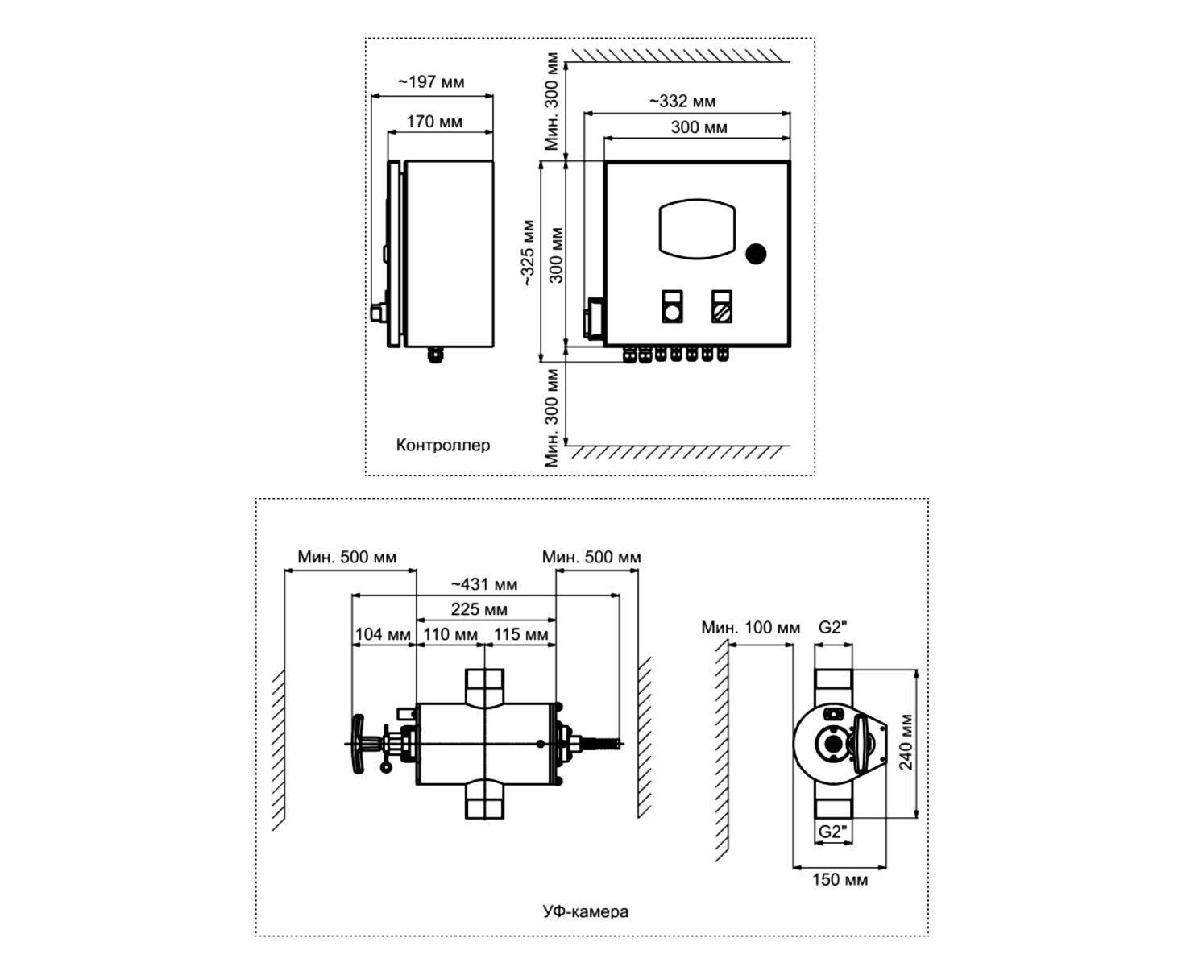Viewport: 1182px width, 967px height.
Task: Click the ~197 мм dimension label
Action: [x=431, y=82]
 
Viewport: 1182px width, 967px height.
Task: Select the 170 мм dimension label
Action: [x=434, y=122]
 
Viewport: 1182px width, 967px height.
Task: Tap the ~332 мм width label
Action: [x=682, y=102]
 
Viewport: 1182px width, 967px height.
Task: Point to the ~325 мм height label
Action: [x=527, y=253]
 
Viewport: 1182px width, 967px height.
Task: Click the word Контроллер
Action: [x=442, y=445]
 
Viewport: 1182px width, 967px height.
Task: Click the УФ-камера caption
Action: [x=586, y=912]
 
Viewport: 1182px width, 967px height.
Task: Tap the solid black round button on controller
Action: [x=755, y=254]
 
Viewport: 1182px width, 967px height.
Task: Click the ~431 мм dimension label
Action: [x=483, y=584]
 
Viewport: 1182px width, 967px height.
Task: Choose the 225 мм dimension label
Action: [x=479, y=609]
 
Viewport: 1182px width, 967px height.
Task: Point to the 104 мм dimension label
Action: [x=383, y=634]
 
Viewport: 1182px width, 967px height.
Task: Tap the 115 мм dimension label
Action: [x=520, y=634]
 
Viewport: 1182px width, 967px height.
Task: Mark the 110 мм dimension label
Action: [x=450, y=634]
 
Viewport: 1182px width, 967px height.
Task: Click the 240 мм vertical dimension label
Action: [x=907, y=741]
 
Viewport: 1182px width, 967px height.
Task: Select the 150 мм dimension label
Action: [x=840, y=879]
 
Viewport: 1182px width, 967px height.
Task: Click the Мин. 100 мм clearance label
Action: [x=750, y=627]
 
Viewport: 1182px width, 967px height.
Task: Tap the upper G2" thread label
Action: [x=833, y=627]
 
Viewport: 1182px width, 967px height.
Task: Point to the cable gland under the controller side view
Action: [x=435, y=354]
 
